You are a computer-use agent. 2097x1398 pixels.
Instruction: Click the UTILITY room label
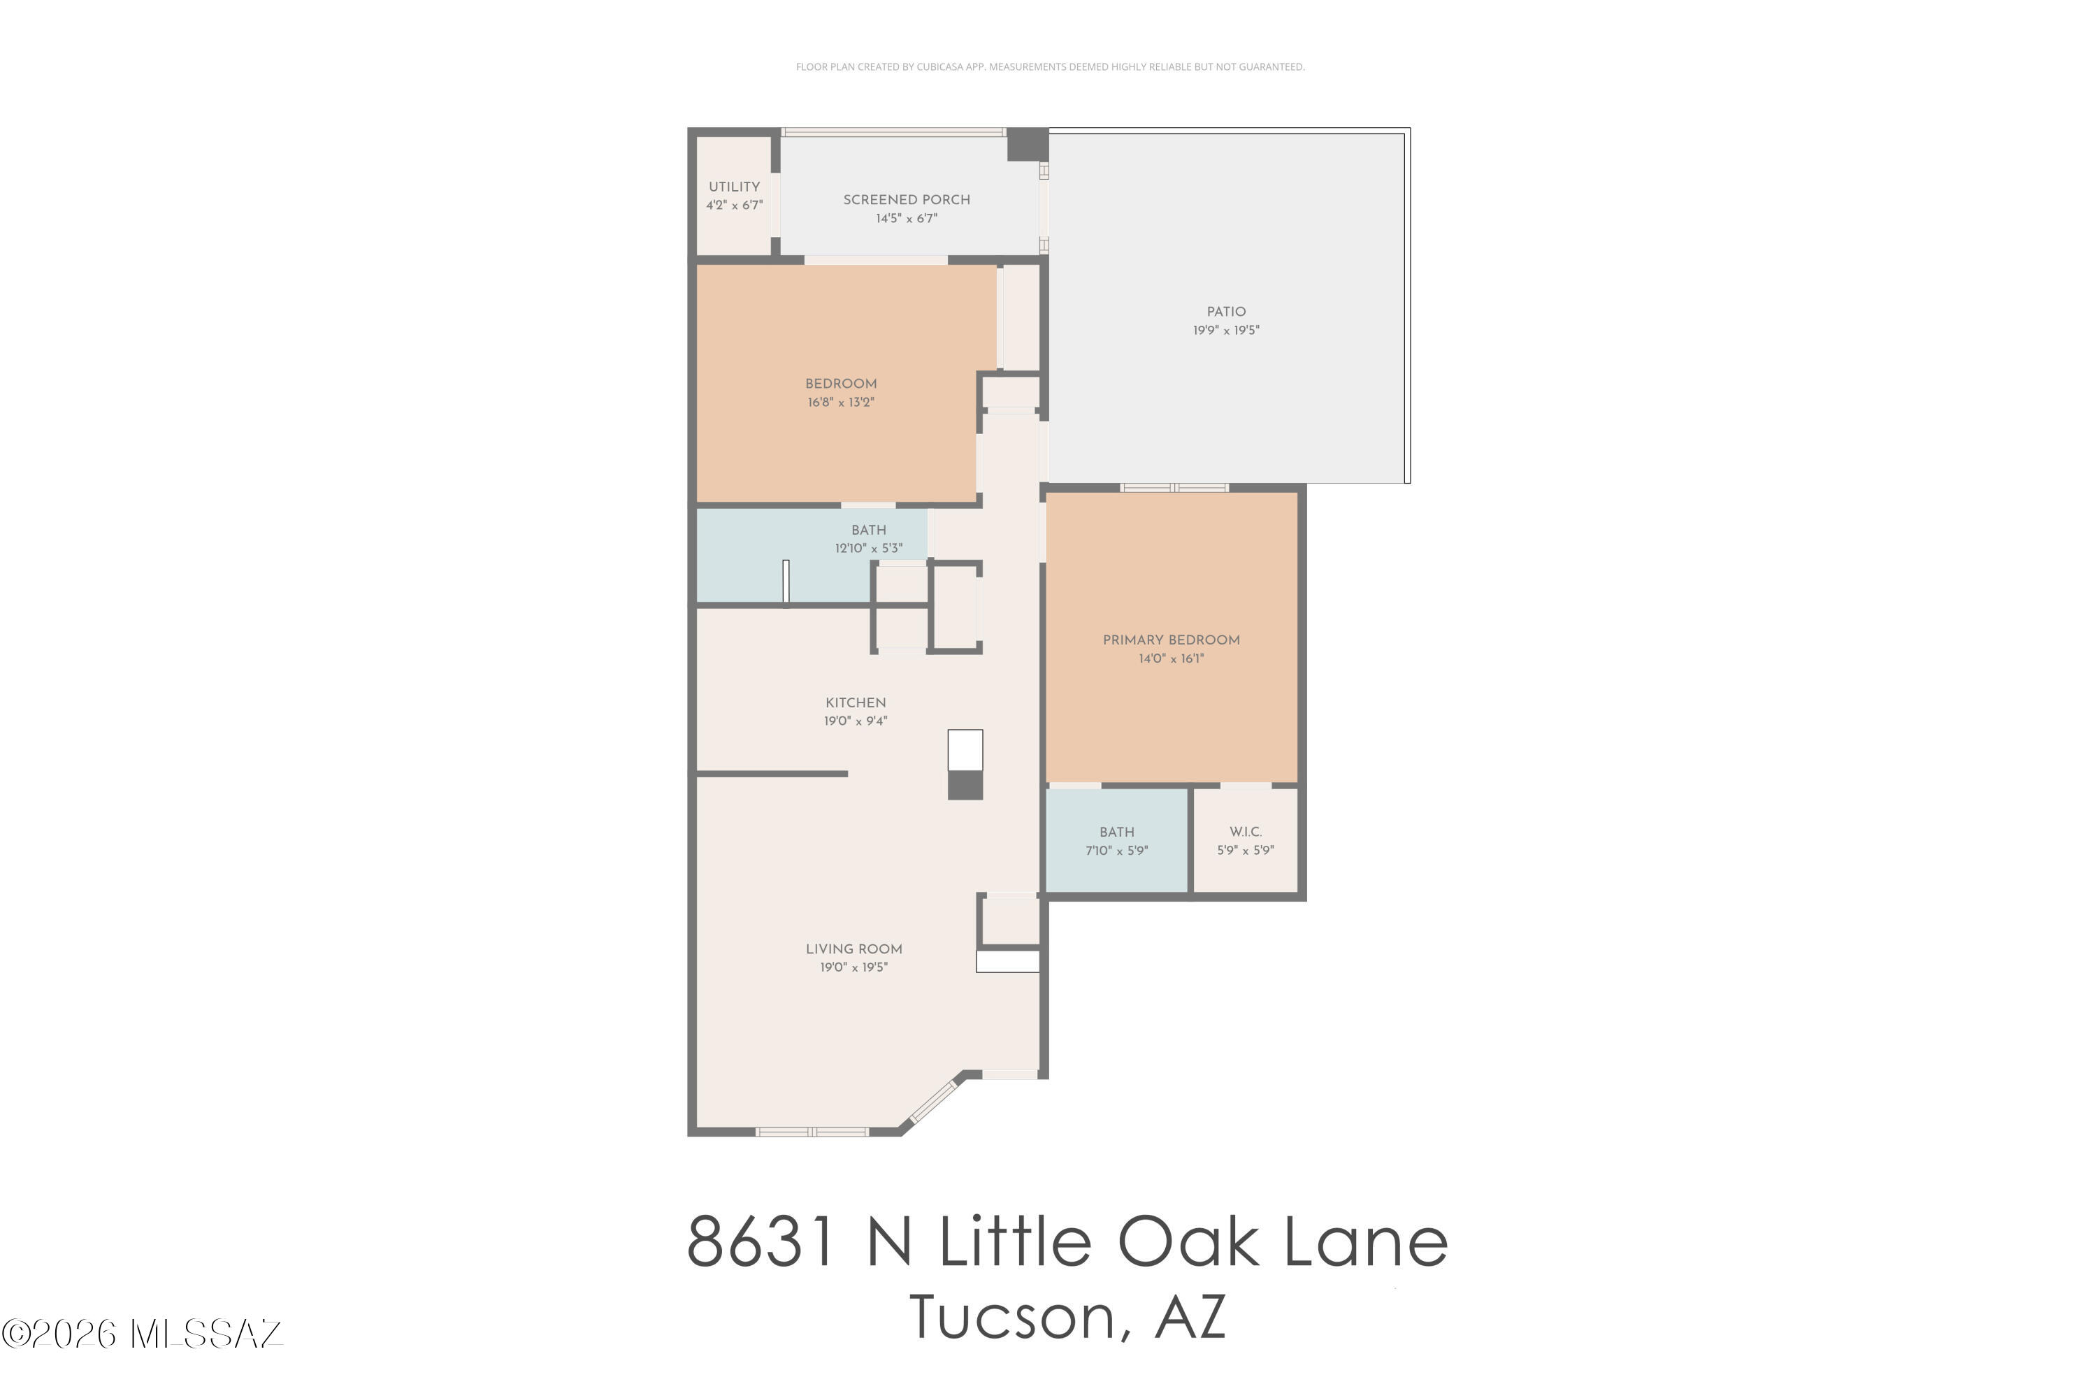pyautogui.click(x=734, y=187)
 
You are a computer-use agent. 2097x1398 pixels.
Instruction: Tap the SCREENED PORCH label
pyautogui.click(x=906, y=200)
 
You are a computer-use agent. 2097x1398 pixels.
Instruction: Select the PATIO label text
pyautogui.click(x=1226, y=312)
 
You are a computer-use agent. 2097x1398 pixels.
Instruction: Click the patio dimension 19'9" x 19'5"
pyautogui.click(x=1226, y=331)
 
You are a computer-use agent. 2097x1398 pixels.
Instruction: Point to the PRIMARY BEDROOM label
pyautogui.click(x=1171, y=640)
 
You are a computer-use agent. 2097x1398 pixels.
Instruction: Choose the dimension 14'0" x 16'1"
pyautogui.click(x=1171, y=659)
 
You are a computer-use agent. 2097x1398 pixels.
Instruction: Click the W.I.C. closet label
pyautogui.click(x=1245, y=832)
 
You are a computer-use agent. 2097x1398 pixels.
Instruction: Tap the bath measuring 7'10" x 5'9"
pyautogui.click(x=1116, y=842)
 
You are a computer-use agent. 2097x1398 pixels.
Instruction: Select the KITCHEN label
pyautogui.click(x=855, y=702)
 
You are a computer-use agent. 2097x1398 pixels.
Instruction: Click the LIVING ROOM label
pyautogui.click(x=853, y=949)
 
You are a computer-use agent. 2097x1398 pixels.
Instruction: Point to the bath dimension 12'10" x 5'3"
pyautogui.click(x=867, y=548)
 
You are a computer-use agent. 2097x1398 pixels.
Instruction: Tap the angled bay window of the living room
pyautogui.click(x=931, y=1102)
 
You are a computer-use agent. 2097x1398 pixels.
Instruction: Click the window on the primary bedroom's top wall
pyautogui.click(x=1174, y=488)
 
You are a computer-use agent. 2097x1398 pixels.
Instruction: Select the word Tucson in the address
pyautogui.click(x=1011, y=1318)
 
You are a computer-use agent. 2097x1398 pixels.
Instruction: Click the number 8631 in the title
pyautogui.click(x=763, y=1242)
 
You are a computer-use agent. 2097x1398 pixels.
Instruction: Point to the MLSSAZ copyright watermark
pyautogui.click(x=143, y=1334)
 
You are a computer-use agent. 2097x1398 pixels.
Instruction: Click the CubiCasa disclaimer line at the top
pyautogui.click(x=1049, y=67)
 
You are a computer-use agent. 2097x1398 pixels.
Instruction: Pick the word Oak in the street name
pyautogui.click(x=1188, y=1242)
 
